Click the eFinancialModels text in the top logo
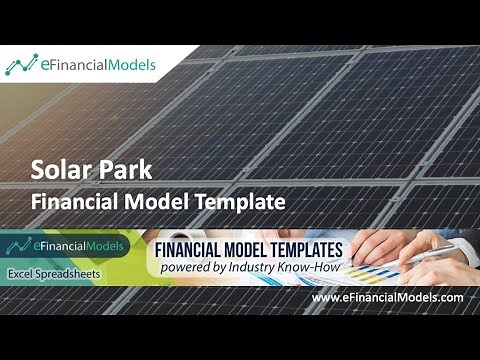[x=97, y=66]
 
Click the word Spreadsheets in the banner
[x=83, y=273]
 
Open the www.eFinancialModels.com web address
[x=387, y=298]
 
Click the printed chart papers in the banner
[x=385, y=268]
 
